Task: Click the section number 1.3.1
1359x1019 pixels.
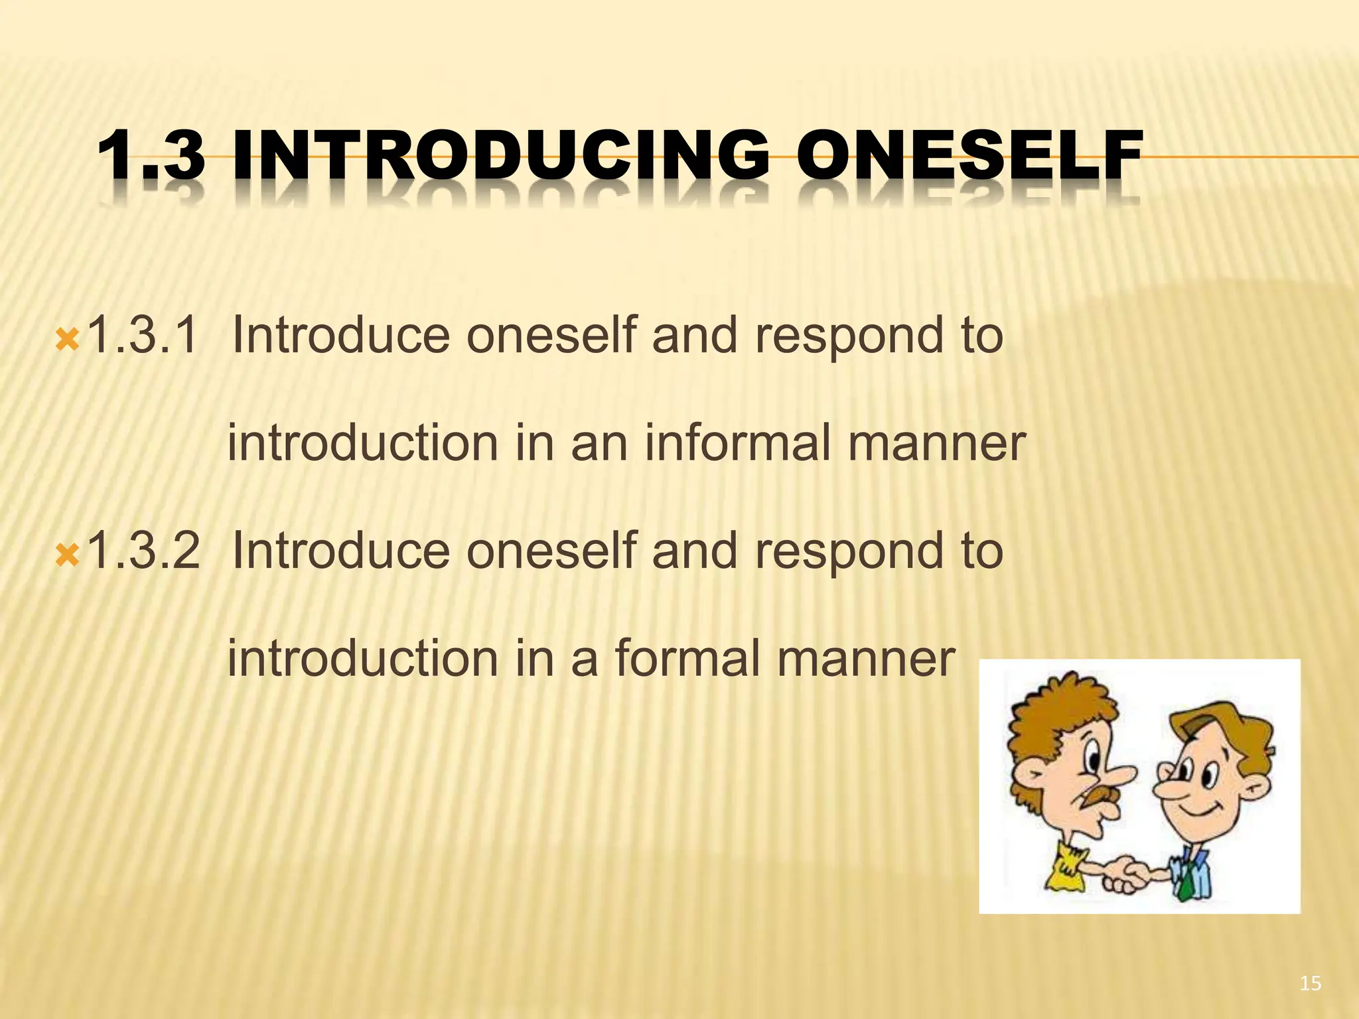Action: tap(143, 335)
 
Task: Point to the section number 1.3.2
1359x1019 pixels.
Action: tap(143, 551)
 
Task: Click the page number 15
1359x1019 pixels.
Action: tap(1310, 984)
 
